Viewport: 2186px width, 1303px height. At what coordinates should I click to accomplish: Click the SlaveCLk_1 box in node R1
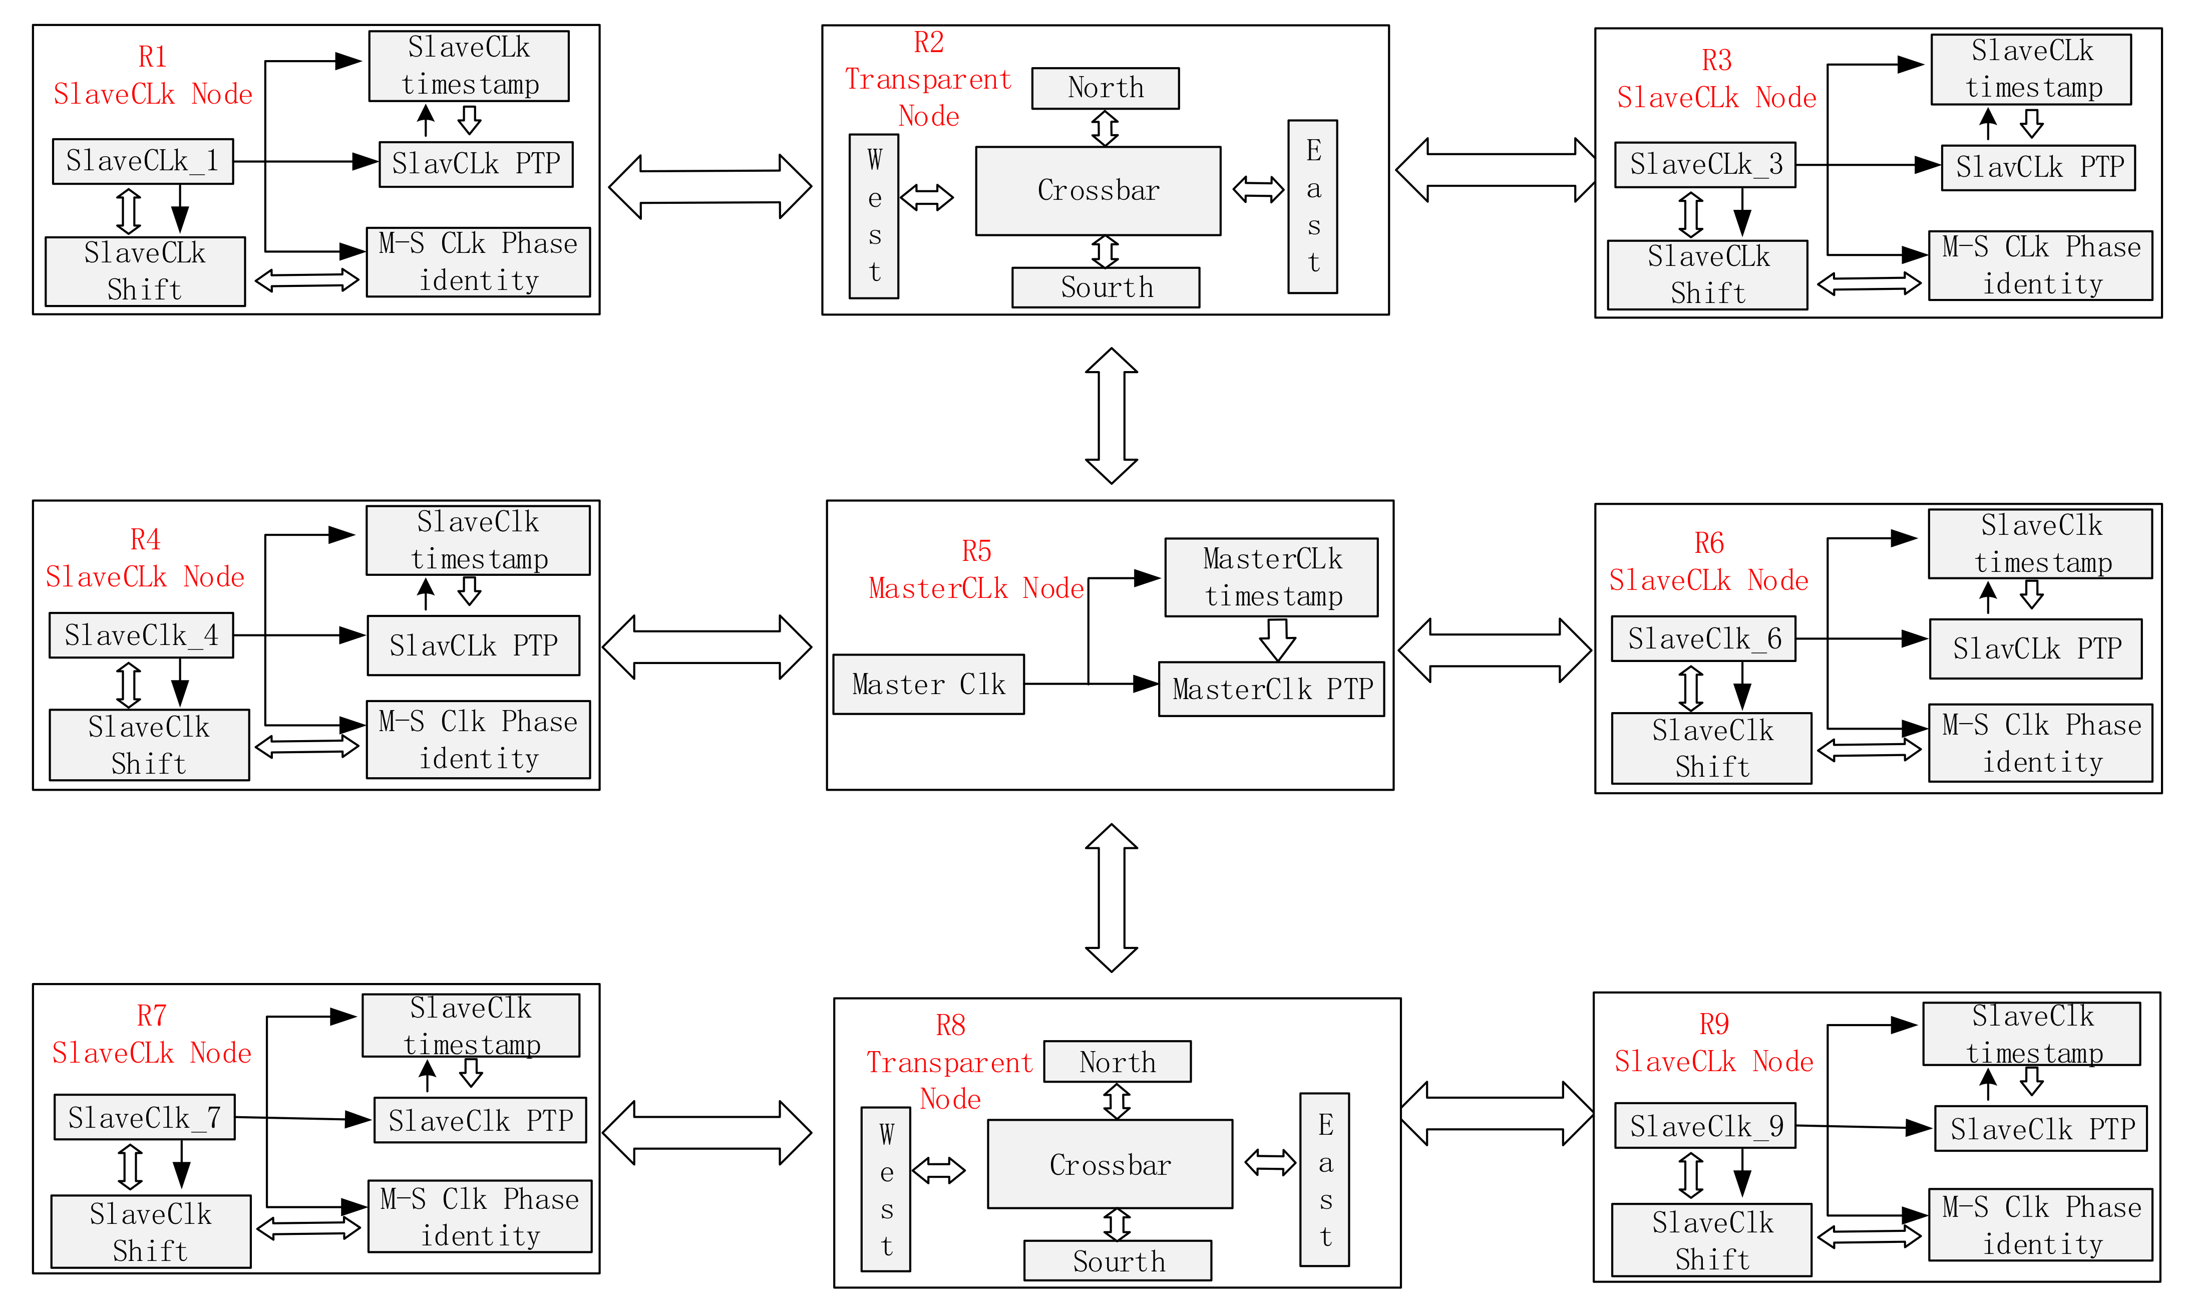[142, 162]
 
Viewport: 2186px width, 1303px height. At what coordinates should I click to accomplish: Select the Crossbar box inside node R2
[1098, 190]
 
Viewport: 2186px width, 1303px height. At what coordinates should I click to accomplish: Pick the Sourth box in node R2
[1106, 287]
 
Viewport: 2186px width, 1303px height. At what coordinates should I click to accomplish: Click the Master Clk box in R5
[928, 684]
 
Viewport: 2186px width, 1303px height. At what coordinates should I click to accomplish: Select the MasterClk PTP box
[1271, 689]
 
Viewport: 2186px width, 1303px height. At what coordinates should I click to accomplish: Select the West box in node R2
[874, 216]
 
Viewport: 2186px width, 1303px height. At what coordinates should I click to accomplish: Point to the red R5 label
[976, 551]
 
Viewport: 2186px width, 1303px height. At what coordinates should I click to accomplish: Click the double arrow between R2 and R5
[1112, 415]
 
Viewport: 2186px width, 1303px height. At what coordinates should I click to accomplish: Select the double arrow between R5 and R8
[1112, 897]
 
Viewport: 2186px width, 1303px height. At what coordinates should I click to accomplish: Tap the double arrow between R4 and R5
[706, 647]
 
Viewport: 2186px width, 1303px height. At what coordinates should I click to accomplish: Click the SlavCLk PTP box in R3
[2038, 167]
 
